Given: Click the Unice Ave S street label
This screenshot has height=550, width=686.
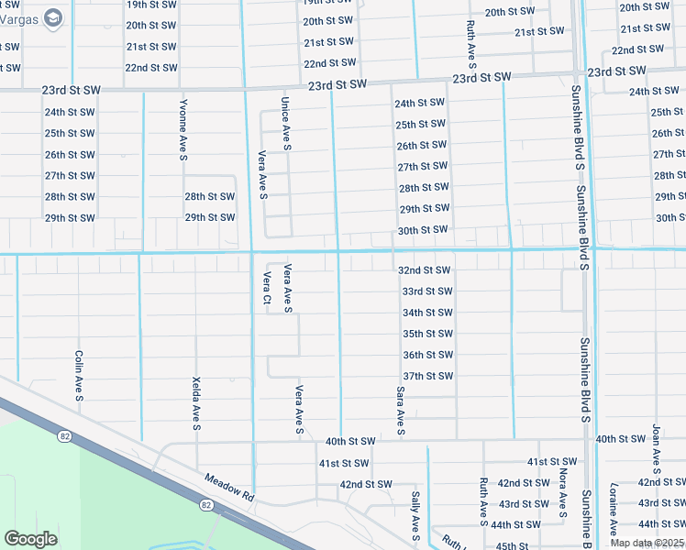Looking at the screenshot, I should [x=286, y=124].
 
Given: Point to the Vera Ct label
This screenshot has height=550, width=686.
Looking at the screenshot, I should [x=267, y=287].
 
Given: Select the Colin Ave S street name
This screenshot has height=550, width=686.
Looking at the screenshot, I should [x=80, y=376].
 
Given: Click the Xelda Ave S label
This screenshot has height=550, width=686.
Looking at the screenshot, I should [x=196, y=402].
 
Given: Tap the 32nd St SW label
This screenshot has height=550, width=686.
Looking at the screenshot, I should [x=424, y=270].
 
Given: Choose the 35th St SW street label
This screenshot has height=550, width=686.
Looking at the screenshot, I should [x=427, y=334].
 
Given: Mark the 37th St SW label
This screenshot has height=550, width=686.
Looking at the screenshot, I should [x=427, y=376].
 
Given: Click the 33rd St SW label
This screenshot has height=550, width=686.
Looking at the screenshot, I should [x=427, y=291].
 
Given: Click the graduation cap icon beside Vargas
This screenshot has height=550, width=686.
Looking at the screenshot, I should [x=54, y=17].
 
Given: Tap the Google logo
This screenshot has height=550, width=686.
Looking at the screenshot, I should [x=30, y=538].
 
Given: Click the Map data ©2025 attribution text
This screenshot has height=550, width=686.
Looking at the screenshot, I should [x=647, y=543].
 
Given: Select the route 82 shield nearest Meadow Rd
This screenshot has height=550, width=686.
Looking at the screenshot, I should [x=205, y=504].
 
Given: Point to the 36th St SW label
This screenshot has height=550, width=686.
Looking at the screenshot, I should [x=427, y=355].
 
